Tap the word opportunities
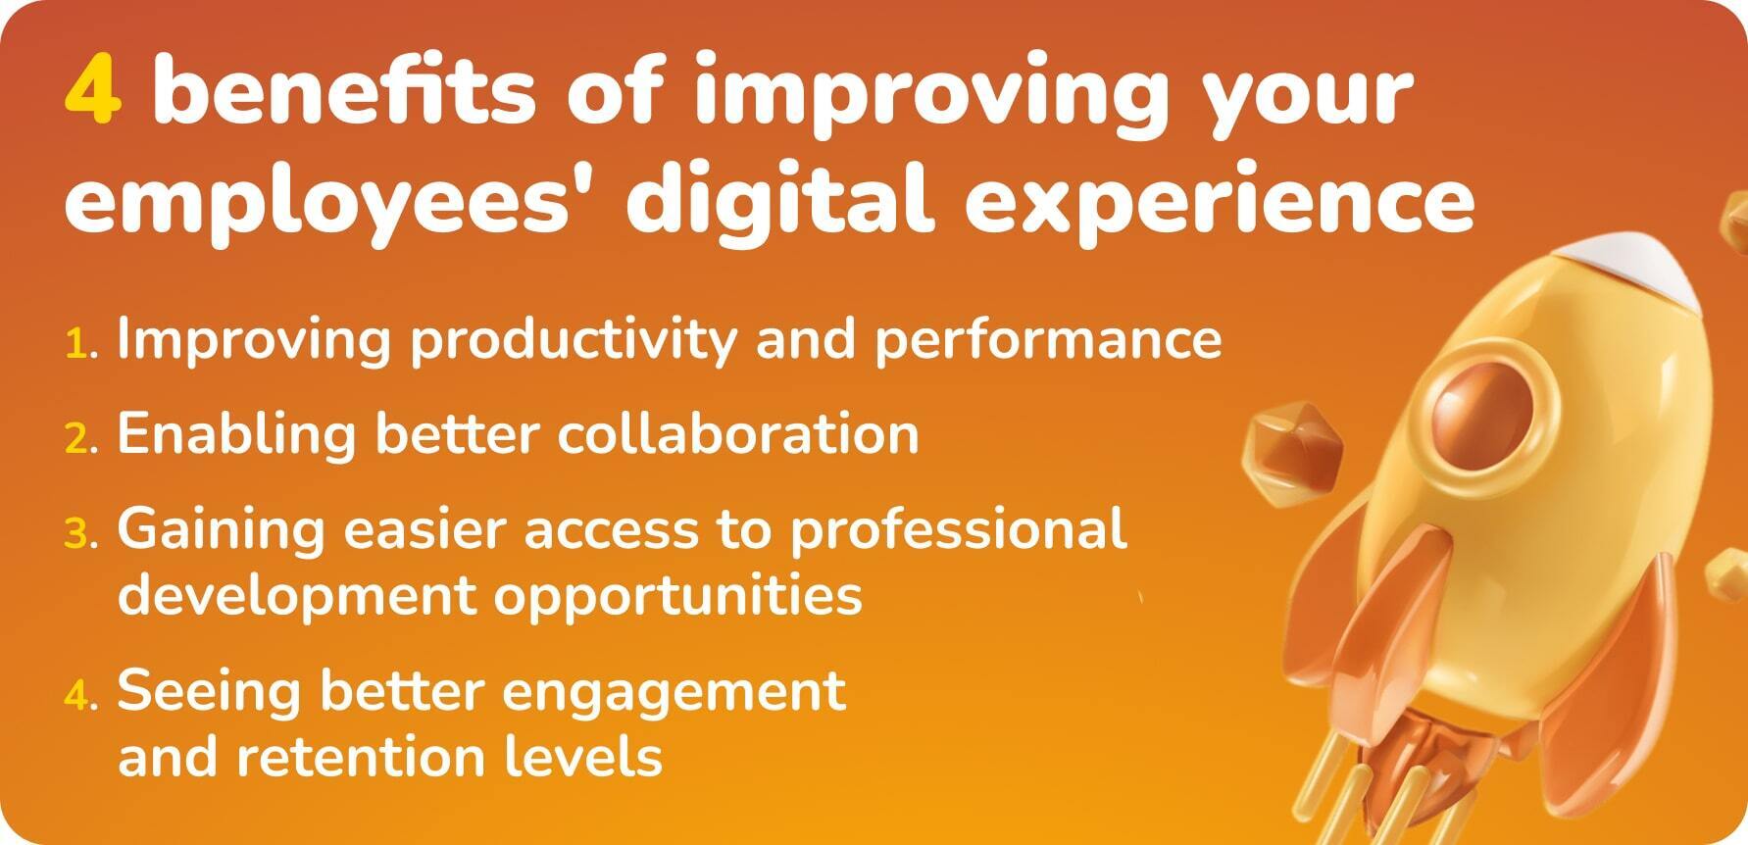pos(677,595)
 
